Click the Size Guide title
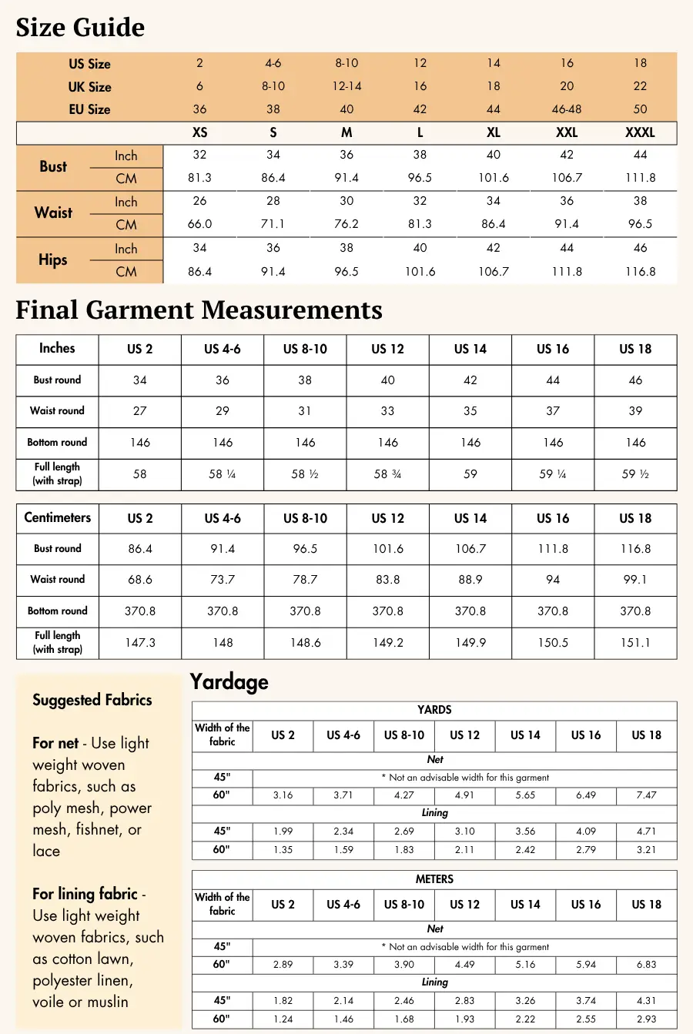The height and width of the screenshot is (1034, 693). point(80,28)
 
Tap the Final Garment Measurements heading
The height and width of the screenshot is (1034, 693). point(199,310)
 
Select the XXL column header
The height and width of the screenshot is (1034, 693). point(567,132)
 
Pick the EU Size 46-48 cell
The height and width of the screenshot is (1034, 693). point(567,109)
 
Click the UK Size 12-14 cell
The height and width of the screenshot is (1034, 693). point(346,86)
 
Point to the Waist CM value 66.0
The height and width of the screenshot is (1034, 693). point(199,224)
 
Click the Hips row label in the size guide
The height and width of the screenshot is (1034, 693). point(53,259)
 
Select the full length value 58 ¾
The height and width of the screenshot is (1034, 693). point(387,474)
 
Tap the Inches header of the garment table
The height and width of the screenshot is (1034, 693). point(57,348)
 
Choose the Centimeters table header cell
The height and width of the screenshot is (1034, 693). point(57,517)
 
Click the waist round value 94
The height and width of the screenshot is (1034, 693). point(553,580)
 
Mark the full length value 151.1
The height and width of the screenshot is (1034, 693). point(635,642)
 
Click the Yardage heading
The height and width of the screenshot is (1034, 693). point(229,682)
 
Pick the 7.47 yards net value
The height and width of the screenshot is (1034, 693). point(646,795)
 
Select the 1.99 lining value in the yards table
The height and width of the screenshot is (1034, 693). point(283,832)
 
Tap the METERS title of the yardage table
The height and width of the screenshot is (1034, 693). point(434,879)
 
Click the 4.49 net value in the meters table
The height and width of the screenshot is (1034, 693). point(464,965)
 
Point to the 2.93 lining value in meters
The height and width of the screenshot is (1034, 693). point(646,1019)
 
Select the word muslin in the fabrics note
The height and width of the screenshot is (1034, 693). point(107,1002)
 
